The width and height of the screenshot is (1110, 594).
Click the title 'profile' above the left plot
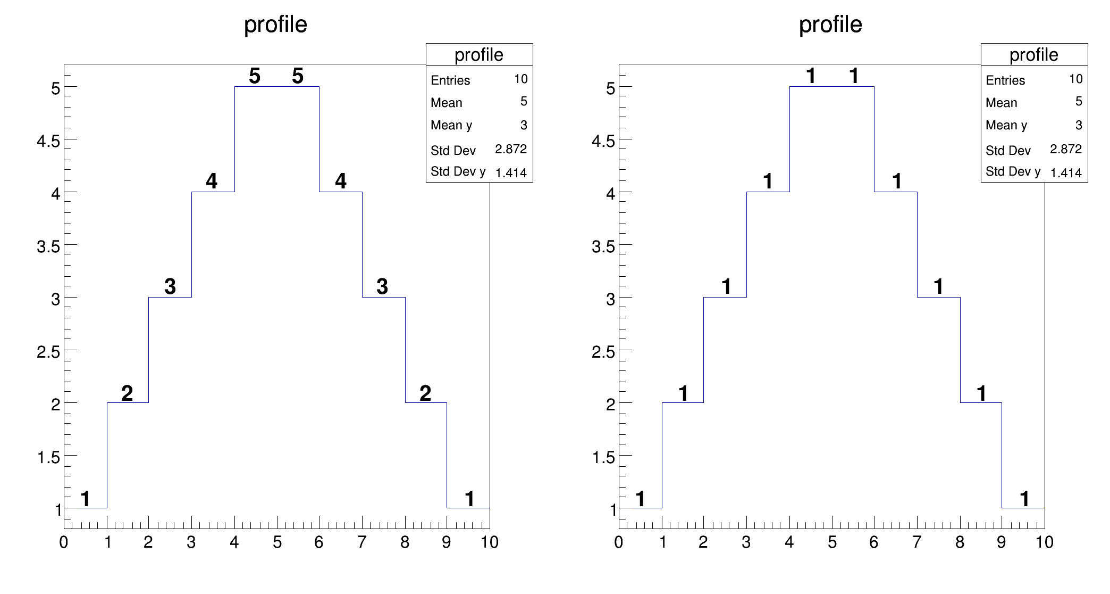[x=275, y=24]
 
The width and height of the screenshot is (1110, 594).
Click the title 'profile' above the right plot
[x=830, y=24]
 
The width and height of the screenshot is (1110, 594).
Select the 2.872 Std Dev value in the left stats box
[x=510, y=149]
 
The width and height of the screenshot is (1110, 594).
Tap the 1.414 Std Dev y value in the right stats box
[x=1065, y=172]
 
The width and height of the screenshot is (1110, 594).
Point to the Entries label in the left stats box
[x=450, y=80]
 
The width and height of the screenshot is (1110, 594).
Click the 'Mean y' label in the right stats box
[x=1006, y=125]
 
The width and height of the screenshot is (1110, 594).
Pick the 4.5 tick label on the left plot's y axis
[x=48, y=141]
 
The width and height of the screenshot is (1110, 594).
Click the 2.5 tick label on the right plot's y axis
[x=603, y=351]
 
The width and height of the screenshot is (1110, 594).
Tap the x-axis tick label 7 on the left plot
[x=361, y=542]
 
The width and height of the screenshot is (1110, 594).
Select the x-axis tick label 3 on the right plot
[x=746, y=542]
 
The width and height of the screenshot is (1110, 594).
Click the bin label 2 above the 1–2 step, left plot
[x=127, y=393]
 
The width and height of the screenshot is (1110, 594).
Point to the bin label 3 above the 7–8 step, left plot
[x=382, y=287]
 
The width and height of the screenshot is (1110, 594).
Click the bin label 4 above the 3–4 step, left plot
[x=212, y=181]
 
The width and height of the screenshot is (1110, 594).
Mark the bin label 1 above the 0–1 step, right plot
[x=640, y=499]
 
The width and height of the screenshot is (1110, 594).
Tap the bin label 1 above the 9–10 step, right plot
[x=1024, y=499]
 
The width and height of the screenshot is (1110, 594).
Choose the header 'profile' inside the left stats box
[x=478, y=55]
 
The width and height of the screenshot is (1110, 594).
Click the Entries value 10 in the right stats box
[x=1075, y=79]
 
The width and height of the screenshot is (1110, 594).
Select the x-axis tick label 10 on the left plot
[x=490, y=542]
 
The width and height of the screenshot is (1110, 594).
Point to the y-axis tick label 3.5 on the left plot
[x=48, y=246]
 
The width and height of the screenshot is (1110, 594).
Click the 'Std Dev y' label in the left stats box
[x=458, y=171]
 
